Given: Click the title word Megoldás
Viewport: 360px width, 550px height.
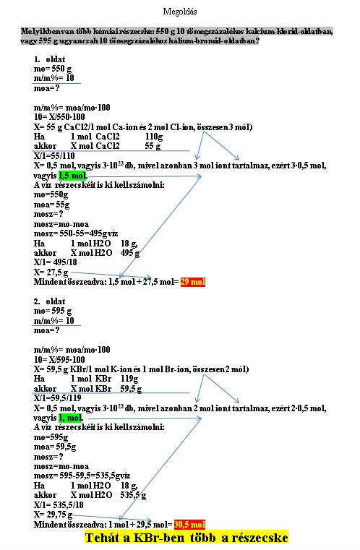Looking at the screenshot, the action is (x=180, y=12).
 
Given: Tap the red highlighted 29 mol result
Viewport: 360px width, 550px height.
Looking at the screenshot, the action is (x=193, y=282).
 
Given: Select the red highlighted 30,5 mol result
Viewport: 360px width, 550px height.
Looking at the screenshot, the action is (x=190, y=525).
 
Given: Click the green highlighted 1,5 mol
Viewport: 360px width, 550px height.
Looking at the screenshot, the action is (x=72, y=176).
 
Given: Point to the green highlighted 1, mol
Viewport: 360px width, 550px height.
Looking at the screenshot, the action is (x=71, y=418).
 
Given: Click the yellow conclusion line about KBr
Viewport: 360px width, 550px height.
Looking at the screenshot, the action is (x=187, y=538).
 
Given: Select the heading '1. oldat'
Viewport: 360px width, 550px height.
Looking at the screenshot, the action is (x=49, y=59).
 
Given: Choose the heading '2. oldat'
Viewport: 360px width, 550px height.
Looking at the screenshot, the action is (x=49, y=301).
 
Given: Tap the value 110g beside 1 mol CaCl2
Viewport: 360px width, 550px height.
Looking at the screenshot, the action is (x=154, y=137).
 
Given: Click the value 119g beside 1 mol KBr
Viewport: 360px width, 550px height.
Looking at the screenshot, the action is (x=129, y=379).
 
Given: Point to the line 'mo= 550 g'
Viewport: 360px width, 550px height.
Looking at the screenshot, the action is (x=53, y=69).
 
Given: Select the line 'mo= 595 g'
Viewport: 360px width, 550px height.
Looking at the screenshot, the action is (x=53, y=311).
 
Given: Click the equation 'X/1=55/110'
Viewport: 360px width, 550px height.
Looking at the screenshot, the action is (x=54, y=155).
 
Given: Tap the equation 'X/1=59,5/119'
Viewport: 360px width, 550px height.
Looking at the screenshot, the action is (x=58, y=398).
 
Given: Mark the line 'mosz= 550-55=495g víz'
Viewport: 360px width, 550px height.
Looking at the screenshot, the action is (x=76, y=233).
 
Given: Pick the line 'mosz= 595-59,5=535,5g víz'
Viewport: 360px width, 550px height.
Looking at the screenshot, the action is (x=82, y=476).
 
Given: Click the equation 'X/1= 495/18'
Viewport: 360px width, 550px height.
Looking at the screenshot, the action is (x=56, y=262).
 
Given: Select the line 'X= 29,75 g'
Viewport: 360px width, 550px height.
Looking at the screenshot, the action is (x=53, y=515).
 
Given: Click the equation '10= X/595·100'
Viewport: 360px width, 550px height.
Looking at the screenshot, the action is (x=59, y=359).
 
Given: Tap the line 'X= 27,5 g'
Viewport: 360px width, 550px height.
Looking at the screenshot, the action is (x=51, y=272).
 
